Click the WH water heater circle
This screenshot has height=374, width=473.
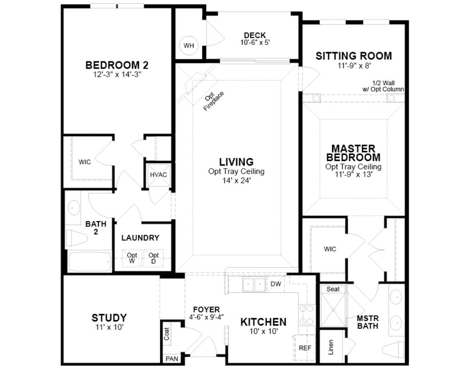tap(189, 46)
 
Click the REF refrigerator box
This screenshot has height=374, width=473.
tap(305, 348)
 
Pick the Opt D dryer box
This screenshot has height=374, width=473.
tap(154, 258)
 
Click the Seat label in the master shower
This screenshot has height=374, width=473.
tap(333, 289)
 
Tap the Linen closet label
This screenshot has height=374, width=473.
tap(331, 346)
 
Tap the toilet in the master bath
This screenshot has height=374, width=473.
tap(394, 349)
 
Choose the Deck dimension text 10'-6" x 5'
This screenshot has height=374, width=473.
tap(255, 42)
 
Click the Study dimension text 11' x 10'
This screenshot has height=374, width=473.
tap(109, 327)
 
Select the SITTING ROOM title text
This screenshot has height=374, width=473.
tap(354, 56)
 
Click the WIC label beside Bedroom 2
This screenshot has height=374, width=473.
tap(85, 162)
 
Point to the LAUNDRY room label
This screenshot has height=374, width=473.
tap(140, 238)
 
